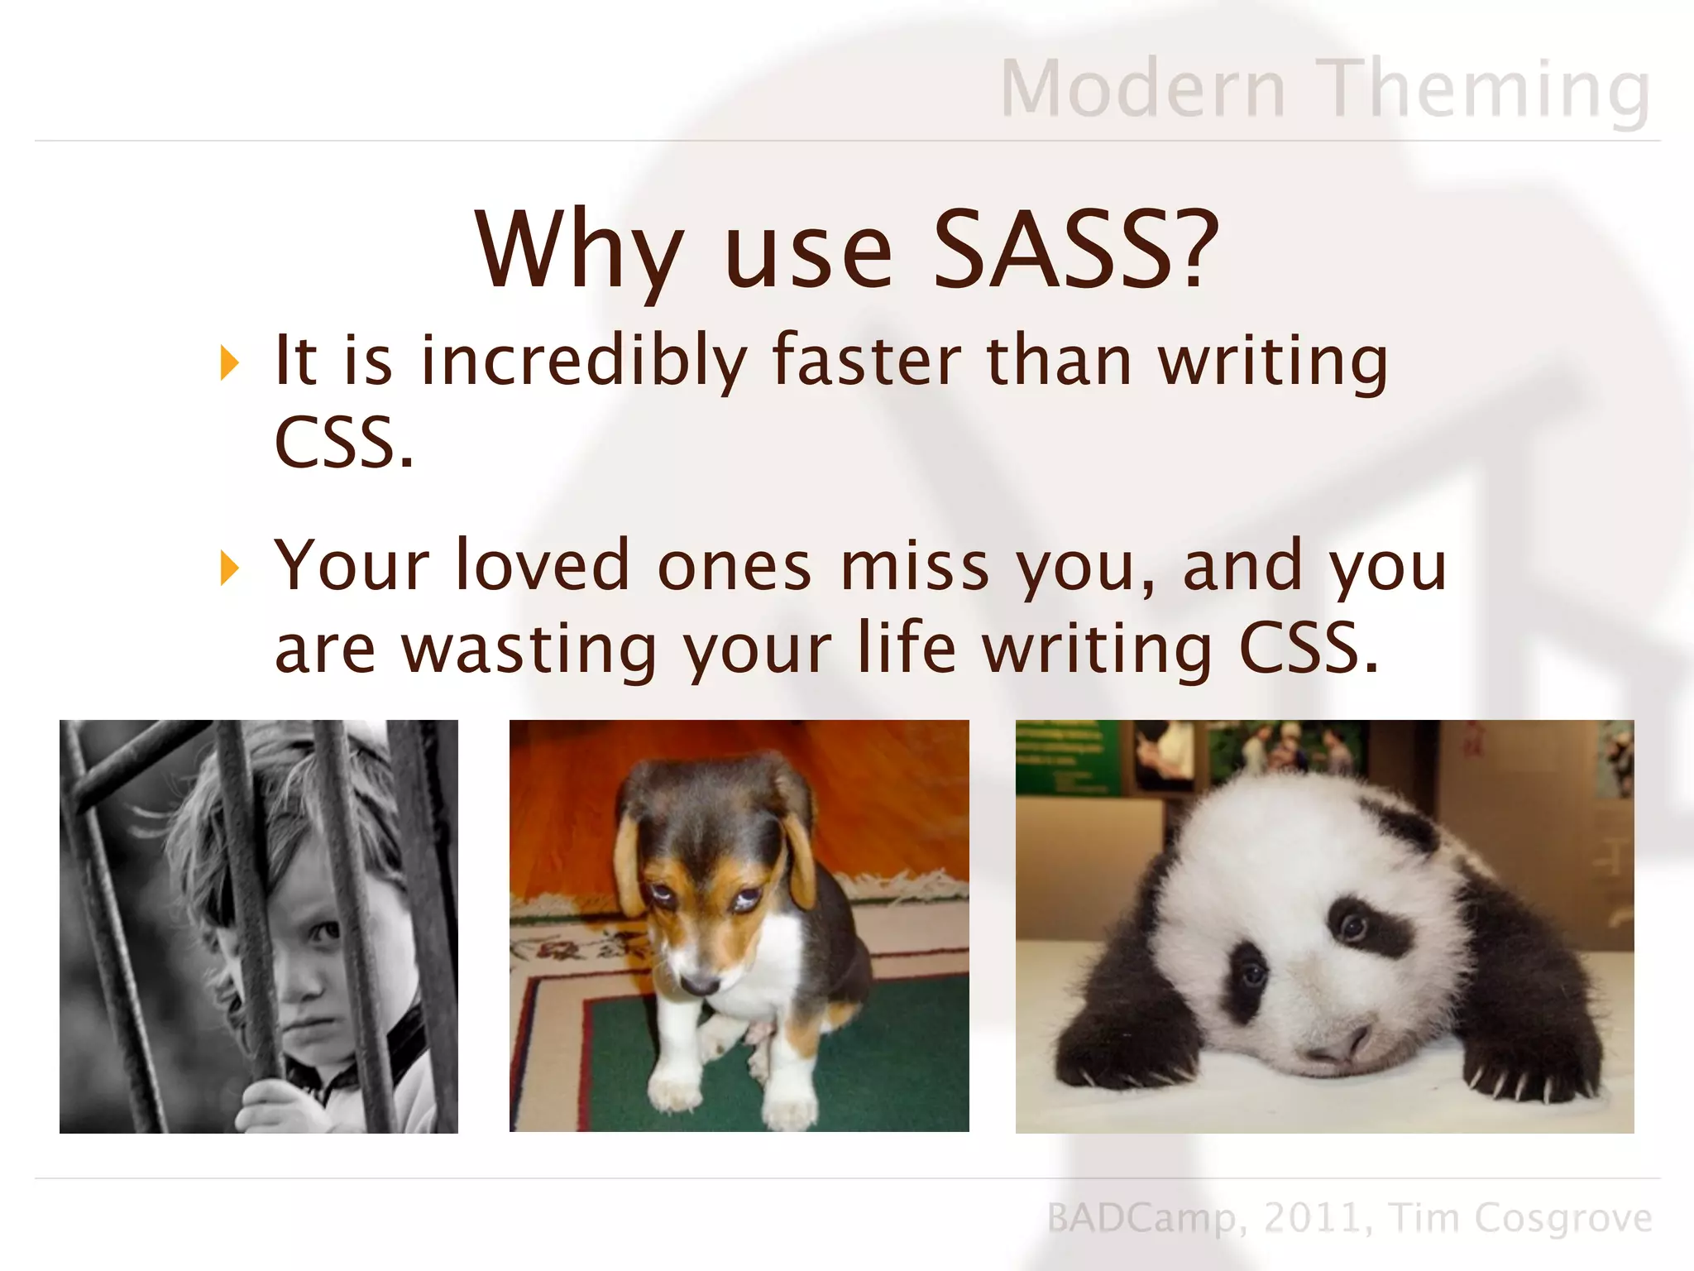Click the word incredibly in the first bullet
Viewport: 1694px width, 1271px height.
(584, 362)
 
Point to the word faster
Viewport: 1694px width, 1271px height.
(867, 361)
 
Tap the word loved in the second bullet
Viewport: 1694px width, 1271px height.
(543, 566)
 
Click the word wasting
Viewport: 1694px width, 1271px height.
(529, 650)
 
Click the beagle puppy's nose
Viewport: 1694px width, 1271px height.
(700, 983)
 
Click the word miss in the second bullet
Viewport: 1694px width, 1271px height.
(914, 566)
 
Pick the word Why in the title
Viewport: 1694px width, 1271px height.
(579, 252)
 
